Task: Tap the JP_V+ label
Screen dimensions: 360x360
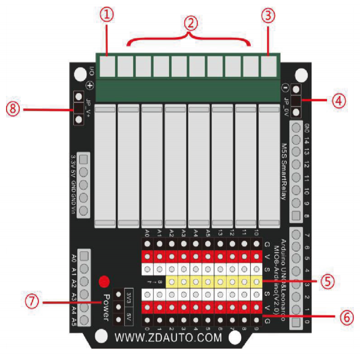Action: coord(89,107)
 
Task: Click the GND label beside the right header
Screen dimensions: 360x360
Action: coord(307,128)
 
